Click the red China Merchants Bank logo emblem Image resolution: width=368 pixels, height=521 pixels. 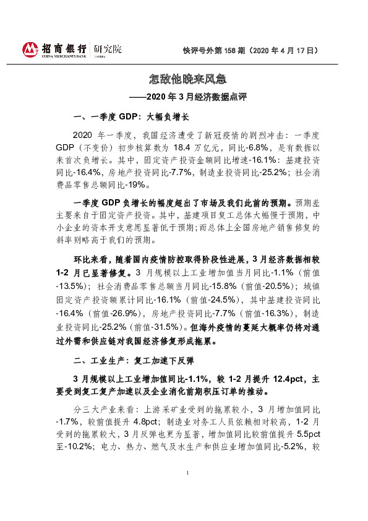pos(30,50)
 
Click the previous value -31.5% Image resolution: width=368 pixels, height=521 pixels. pos(163,326)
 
